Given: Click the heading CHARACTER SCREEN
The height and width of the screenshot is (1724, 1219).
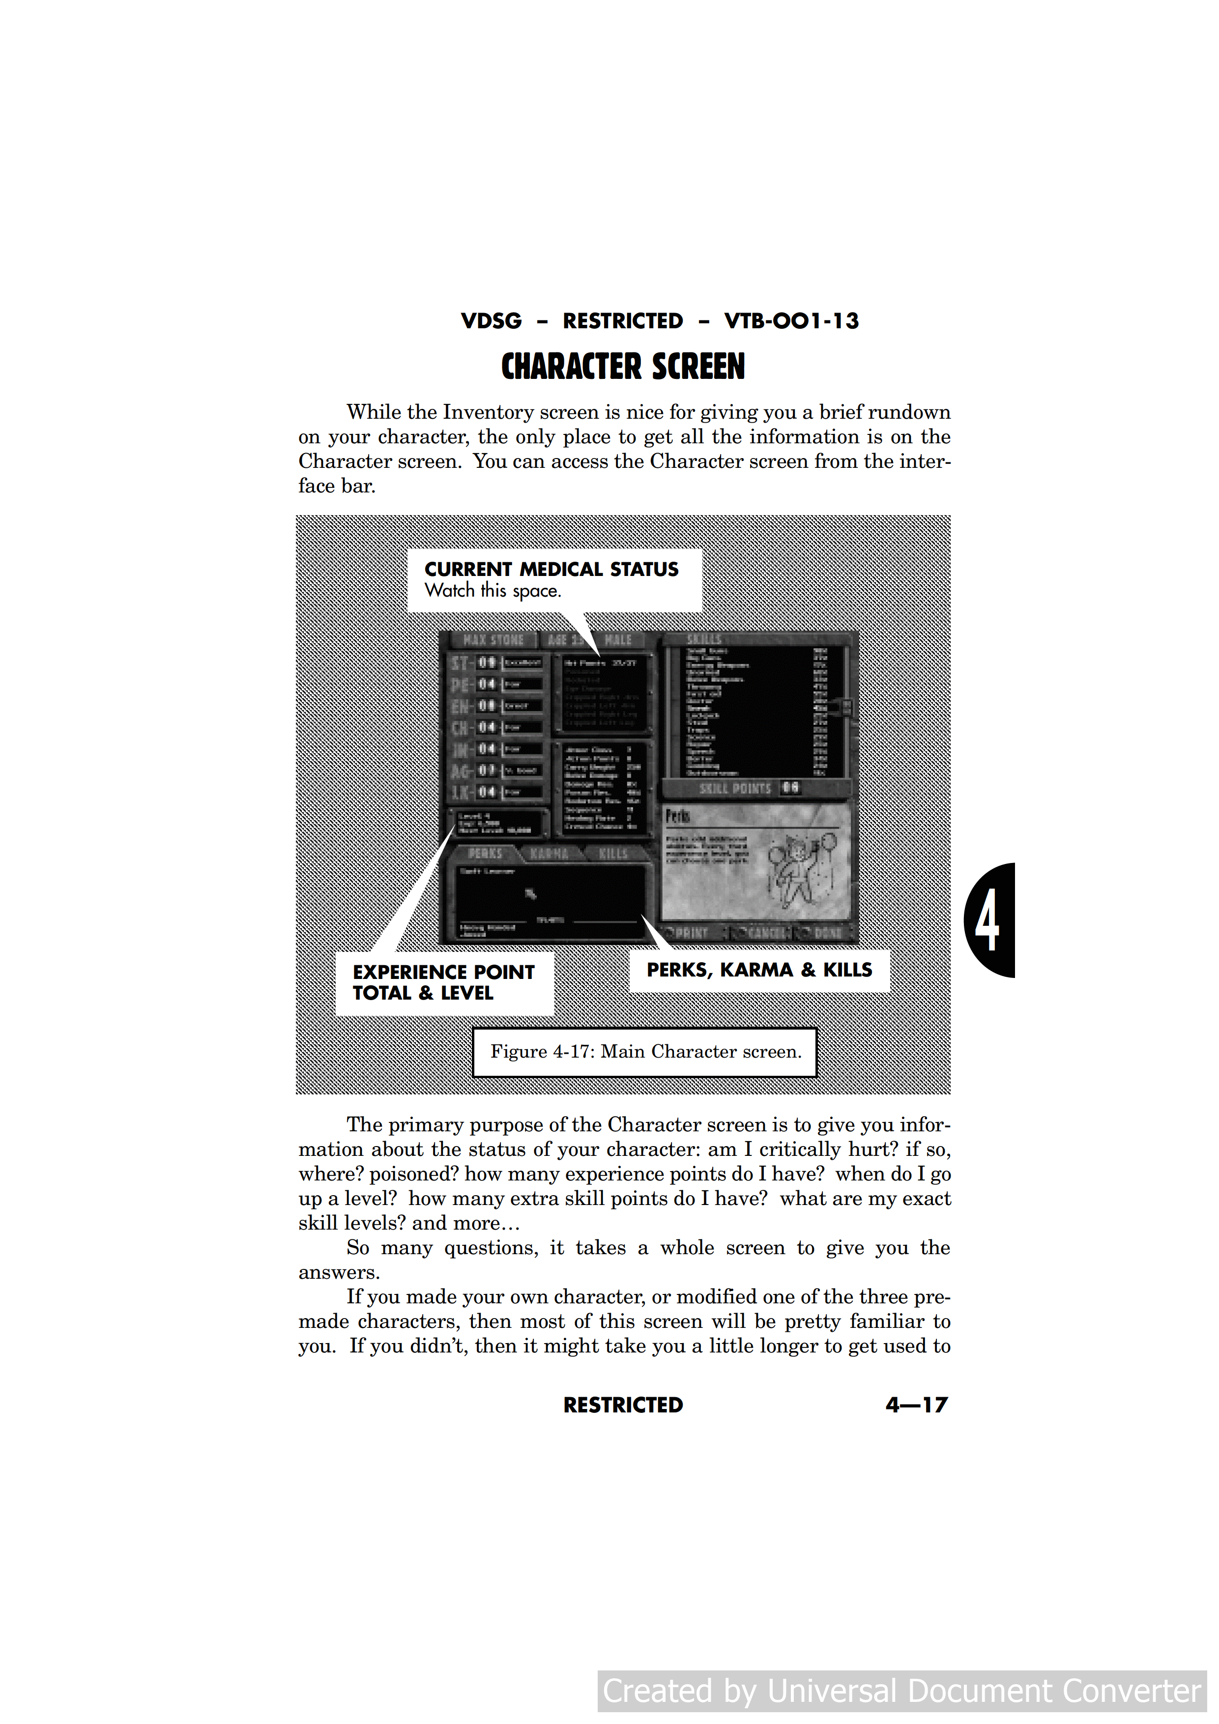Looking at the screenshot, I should [623, 367].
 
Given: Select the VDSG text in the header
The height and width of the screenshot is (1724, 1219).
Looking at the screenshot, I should [491, 321].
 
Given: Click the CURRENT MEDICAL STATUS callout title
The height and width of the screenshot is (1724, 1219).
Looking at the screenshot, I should [551, 569].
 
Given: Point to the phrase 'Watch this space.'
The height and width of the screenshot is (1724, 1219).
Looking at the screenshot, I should [493, 591].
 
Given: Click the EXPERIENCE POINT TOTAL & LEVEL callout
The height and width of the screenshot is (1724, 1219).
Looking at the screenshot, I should [443, 982].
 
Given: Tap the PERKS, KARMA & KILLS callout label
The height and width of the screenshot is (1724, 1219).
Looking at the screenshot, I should [759, 970].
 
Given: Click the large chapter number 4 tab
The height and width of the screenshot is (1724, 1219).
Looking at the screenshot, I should [989, 920].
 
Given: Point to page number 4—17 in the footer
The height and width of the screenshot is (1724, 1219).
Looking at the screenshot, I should [916, 1405].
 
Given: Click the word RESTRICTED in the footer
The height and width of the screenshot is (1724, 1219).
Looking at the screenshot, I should [623, 1405].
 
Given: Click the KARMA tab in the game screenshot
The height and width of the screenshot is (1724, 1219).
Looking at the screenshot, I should [549, 854].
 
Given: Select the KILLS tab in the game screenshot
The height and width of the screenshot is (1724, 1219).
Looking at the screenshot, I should [613, 854].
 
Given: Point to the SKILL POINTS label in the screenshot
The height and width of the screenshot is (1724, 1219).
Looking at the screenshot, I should [735, 788].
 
